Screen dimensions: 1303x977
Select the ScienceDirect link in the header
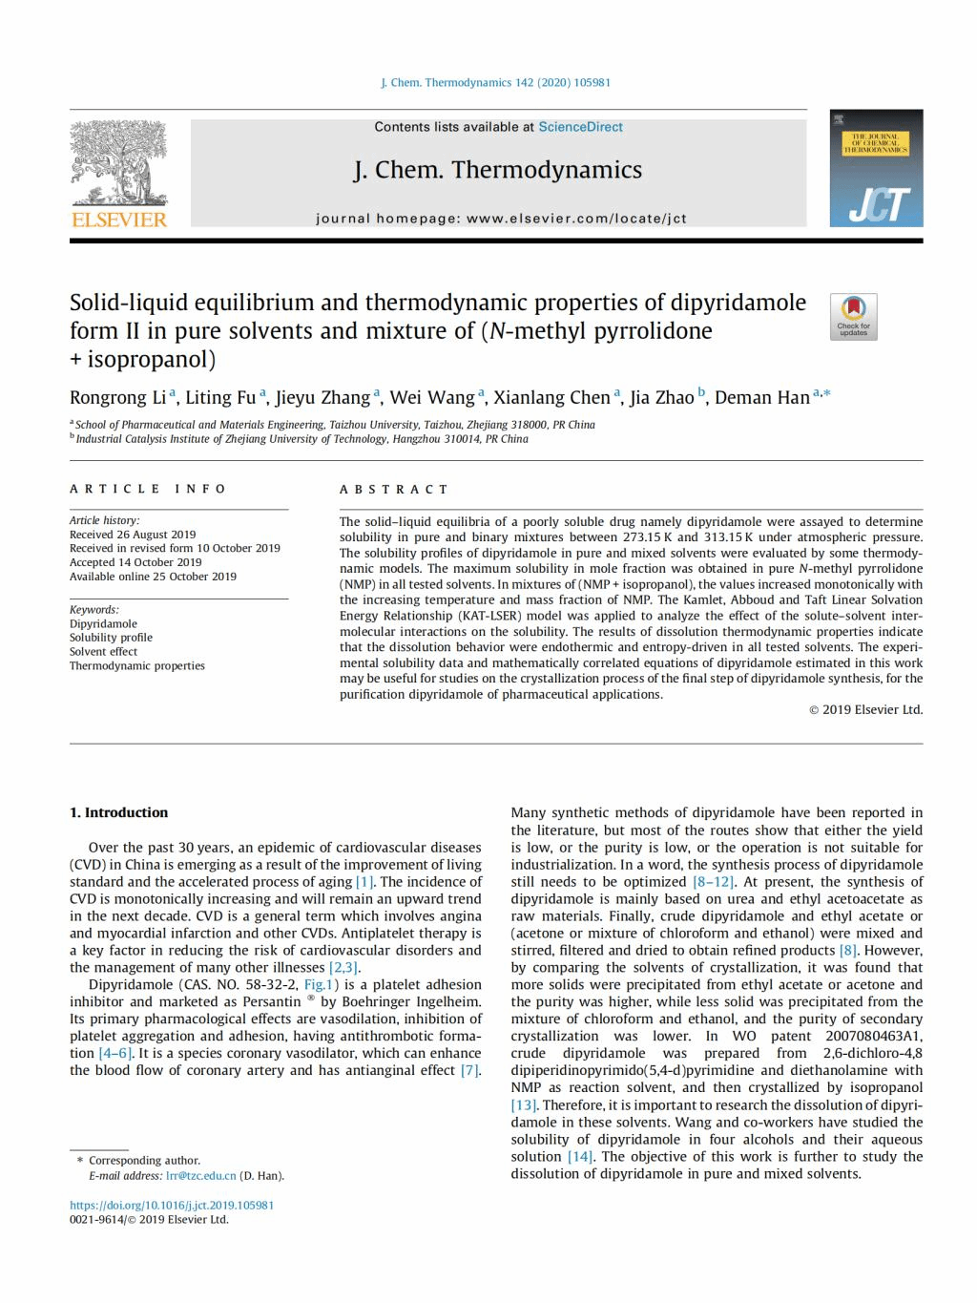pos(580,127)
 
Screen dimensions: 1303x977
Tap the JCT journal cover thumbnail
pos(876,169)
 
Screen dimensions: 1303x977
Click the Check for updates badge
pos(853,316)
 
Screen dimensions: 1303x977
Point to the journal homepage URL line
pos(501,219)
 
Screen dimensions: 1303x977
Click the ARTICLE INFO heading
pos(148,489)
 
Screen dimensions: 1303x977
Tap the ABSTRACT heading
pos(394,489)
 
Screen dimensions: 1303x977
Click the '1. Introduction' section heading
pos(118,812)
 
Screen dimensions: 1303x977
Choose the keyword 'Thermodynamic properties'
pos(136,665)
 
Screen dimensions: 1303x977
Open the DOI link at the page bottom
pos(172,1205)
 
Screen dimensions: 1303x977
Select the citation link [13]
pos(523,1104)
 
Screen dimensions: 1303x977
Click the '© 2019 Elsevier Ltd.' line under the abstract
pos(865,709)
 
